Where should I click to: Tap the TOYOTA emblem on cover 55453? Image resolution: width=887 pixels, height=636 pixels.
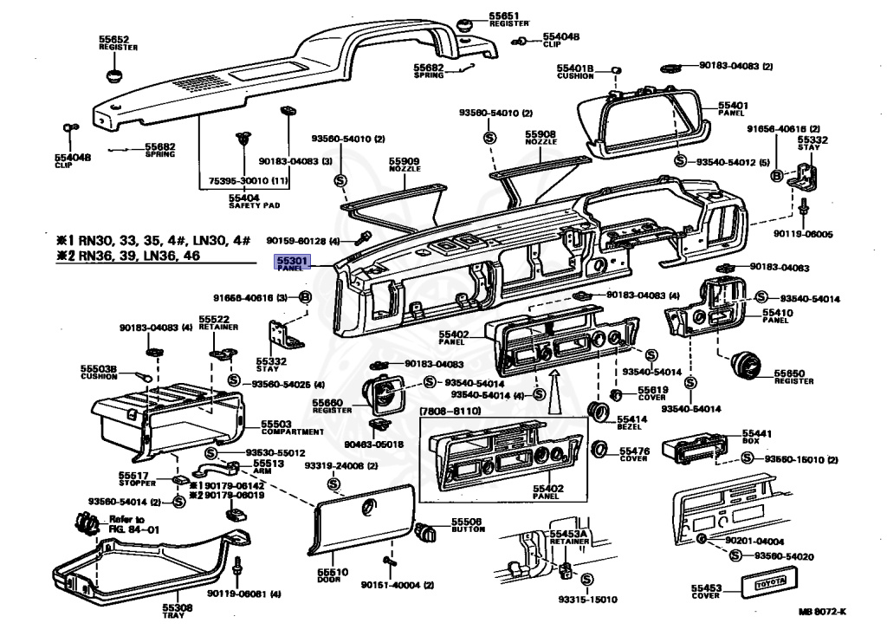pyautogui.click(x=769, y=585)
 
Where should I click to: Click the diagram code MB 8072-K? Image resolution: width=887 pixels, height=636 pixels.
pyautogui.click(x=822, y=612)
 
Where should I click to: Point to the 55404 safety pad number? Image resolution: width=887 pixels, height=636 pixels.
pyautogui.click(x=243, y=198)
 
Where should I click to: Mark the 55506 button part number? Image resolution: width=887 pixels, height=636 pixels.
pyautogui.click(x=466, y=522)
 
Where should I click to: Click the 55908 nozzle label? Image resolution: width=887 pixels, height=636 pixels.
pyautogui.click(x=540, y=134)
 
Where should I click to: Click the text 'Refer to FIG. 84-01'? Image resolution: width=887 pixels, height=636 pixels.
pyautogui.click(x=126, y=523)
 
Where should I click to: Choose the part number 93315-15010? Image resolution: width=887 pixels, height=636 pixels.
pyautogui.click(x=587, y=599)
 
